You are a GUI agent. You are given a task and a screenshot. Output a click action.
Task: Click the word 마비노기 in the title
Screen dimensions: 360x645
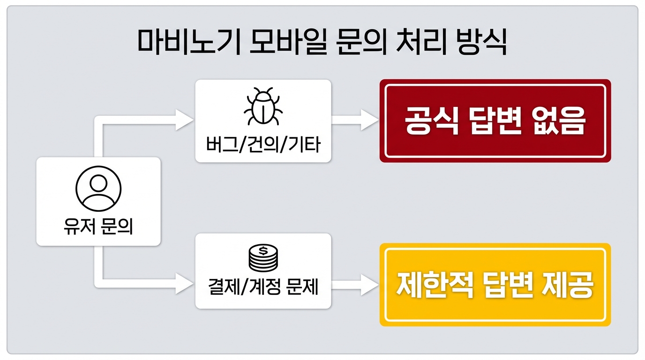coord(185,43)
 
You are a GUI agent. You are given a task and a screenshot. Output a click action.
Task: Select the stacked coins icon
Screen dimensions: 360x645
coord(263,258)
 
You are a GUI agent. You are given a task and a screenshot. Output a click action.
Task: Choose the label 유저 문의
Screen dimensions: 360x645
coord(98,227)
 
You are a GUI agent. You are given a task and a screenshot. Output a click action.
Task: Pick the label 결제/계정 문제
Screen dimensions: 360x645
coord(263,286)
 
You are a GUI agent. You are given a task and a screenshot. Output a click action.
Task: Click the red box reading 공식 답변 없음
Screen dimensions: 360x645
coord(495,121)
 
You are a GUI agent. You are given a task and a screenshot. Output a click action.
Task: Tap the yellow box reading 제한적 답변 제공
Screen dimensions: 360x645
coord(495,285)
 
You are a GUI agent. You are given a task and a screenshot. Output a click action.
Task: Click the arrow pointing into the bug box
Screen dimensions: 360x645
coord(183,120)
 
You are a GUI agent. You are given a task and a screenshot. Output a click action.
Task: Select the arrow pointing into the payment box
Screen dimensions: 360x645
coord(183,284)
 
